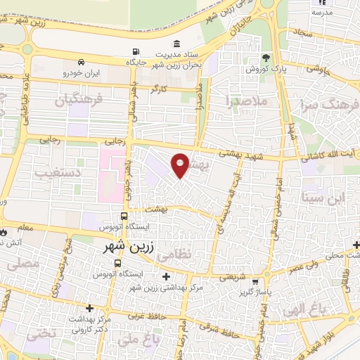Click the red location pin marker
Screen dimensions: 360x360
tap(181, 165)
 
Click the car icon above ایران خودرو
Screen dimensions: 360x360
tap(82, 61)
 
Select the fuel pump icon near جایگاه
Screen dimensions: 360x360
tap(135, 52)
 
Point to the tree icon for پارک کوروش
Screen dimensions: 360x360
tap(265, 58)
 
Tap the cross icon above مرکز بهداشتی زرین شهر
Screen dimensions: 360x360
tap(166, 276)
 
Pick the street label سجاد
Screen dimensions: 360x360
tap(303, 32)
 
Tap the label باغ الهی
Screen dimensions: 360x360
tap(300, 307)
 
